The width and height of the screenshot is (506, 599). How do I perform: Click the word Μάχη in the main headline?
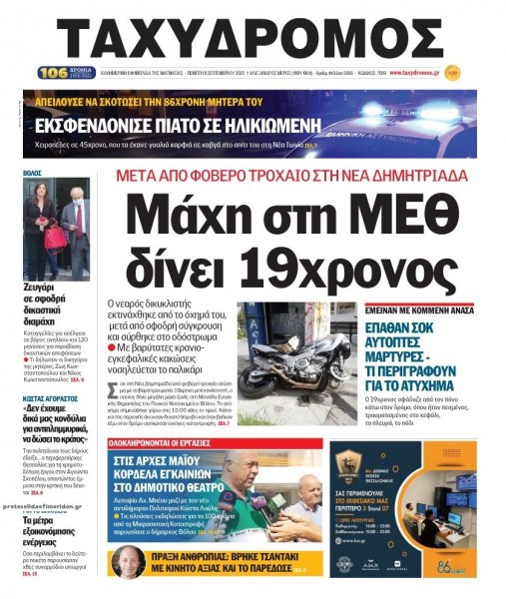point(196,217)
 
